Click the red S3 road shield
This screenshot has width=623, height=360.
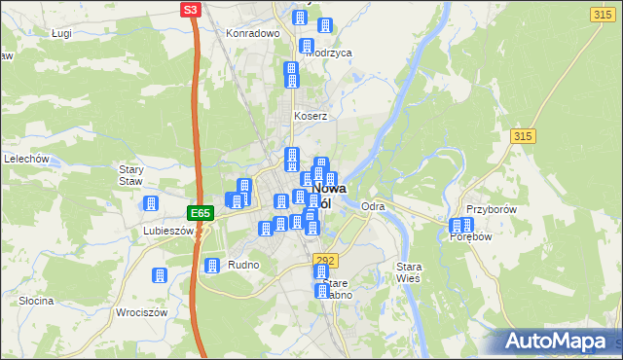pyautogui.click(x=192, y=10)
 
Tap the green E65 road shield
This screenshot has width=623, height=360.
pyautogui.click(x=200, y=213)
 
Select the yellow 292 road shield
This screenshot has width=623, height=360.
pyautogui.click(x=325, y=260)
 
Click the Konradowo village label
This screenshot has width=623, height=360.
pyautogui.click(x=253, y=32)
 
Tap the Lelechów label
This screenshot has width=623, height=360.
pyautogui.click(x=27, y=158)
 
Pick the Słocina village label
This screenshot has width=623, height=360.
pyautogui.click(x=35, y=301)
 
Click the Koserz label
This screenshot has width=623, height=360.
pyautogui.click(x=311, y=116)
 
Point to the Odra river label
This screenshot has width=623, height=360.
pyautogui.click(x=373, y=206)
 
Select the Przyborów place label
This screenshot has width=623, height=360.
pyautogui.click(x=490, y=209)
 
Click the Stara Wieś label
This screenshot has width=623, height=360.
pyautogui.click(x=407, y=271)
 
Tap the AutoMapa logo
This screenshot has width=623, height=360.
pyautogui.click(x=560, y=342)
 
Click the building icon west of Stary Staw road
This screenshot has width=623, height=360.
pyautogui.click(x=151, y=203)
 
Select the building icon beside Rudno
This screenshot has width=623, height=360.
pyautogui.click(x=211, y=265)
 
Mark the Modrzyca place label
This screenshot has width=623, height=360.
pyautogui.click(x=328, y=54)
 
